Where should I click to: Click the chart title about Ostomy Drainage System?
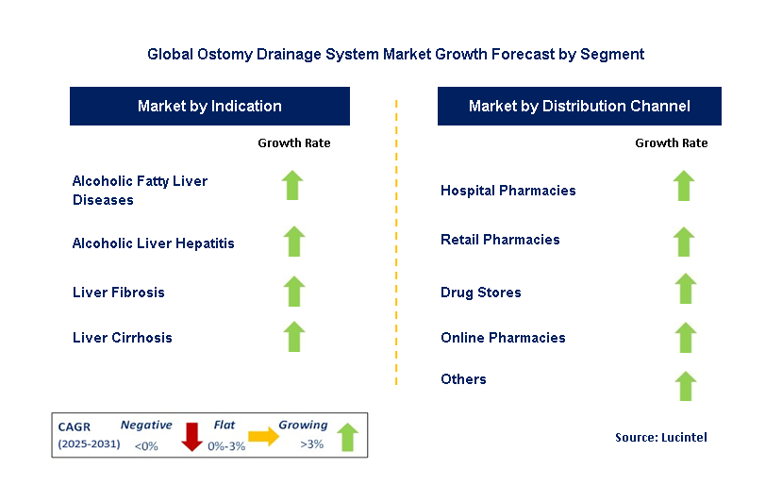click(395, 55)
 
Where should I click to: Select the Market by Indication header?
click(209, 107)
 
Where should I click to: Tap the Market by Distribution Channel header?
click(579, 107)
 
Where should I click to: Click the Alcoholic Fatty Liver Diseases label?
click(140, 190)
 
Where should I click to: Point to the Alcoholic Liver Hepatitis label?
click(153, 243)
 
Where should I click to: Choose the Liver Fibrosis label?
click(118, 293)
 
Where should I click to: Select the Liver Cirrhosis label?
click(122, 337)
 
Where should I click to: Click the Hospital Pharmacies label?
click(507, 191)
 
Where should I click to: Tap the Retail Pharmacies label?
click(500, 240)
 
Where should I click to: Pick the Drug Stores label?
click(480, 293)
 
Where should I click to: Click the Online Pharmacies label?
click(503, 338)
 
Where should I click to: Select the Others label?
click(463, 379)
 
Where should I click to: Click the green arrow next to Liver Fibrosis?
click(294, 292)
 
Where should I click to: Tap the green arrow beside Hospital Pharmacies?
click(684, 186)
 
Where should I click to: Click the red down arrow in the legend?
click(192, 437)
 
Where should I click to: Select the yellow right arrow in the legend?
click(264, 436)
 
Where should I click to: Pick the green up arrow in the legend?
click(347, 437)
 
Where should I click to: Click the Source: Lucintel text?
click(660, 437)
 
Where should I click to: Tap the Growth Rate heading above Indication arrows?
click(294, 143)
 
